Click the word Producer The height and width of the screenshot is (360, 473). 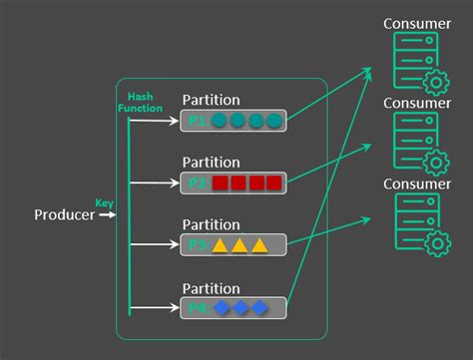pyautogui.click(x=64, y=214)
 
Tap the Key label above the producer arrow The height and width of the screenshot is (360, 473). pyautogui.click(x=104, y=202)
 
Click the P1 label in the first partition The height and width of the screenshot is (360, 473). pyautogui.click(x=197, y=121)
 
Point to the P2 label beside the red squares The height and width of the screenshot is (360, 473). pyautogui.click(x=197, y=182)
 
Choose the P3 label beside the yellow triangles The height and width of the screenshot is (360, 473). pyautogui.click(x=197, y=244)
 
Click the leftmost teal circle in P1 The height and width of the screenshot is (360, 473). pyautogui.click(x=220, y=121)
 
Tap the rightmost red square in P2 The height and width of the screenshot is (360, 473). pyautogui.click(x=274, y=182)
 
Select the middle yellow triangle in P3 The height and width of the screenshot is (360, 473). pyautogui.click(x=238, y=244)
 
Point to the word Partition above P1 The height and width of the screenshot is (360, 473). pyautogui.click(x=211, y=100)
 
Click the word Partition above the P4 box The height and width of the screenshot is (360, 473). pyautogui.click(x=211, y=288)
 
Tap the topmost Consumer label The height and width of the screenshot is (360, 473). pyautogui.click(x=418, y=23)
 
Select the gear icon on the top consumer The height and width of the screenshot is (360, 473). pyautogui.click(x=435, y=82)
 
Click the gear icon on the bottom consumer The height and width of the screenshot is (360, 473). pyautogui.click(x=435, y=243)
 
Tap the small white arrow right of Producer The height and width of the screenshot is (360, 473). pyautogui.click(x=107, y=214)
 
